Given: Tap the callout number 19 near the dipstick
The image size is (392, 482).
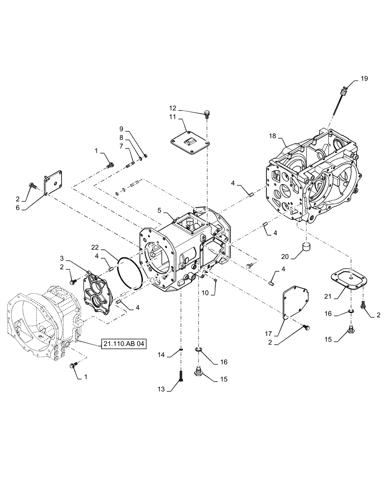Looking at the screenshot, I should click(x=363, y=79).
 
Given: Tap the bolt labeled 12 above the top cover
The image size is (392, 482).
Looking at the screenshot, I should click(x=207, y=114).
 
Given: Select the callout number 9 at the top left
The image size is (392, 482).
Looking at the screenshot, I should click(x=122, y=129).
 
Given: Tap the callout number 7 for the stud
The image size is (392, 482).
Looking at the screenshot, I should click(x=122, y=146).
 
